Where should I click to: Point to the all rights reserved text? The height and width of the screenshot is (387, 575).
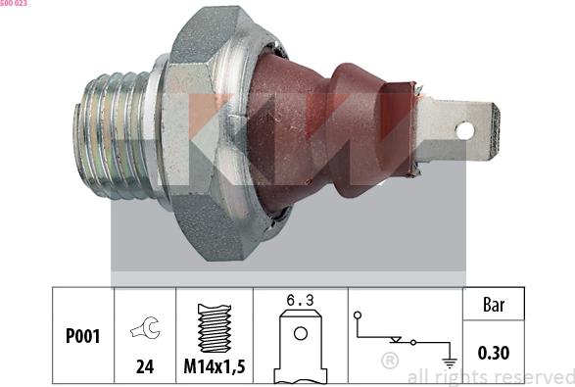490,376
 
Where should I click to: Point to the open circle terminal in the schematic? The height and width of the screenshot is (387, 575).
359,315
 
